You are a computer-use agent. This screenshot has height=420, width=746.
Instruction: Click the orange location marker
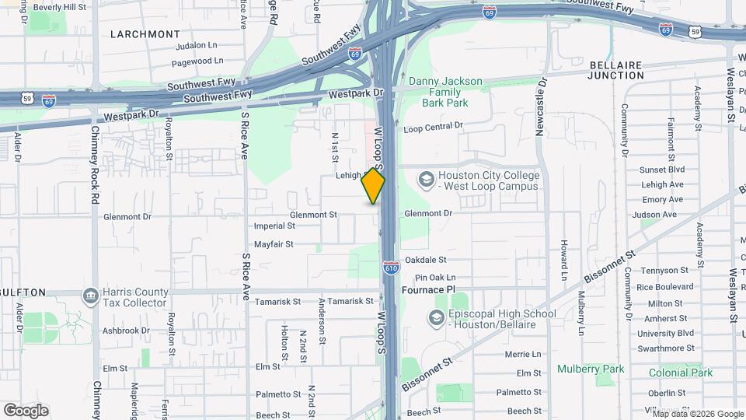point(373,187)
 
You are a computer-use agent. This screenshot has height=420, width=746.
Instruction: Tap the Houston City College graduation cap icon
point(426,180)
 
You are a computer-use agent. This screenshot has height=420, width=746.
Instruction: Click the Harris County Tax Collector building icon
point(91,296)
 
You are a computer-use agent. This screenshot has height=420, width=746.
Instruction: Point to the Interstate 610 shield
point(391,267)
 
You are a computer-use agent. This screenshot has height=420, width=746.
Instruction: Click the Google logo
point(26,411)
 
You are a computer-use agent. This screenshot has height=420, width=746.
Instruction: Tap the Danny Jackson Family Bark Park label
point(446,92)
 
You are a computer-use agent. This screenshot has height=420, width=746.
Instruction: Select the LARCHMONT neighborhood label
point(145,34)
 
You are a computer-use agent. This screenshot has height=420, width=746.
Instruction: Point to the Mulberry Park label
point(591,369)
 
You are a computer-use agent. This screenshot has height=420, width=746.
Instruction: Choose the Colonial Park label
point(682,373)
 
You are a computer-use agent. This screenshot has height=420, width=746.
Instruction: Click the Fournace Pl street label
point(427,289)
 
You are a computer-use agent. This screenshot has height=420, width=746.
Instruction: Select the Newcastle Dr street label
point(542,106)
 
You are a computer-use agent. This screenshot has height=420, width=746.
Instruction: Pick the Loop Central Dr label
point(433,125)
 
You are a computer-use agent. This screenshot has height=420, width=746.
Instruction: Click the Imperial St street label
point(274,226)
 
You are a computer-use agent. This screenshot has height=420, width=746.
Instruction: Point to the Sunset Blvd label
point(661,170)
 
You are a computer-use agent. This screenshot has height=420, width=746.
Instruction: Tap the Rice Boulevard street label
point(664,287)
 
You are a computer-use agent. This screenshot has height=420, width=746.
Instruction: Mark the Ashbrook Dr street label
point(124,331)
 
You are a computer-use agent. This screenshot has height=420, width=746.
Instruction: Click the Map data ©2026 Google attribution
point(698,414)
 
